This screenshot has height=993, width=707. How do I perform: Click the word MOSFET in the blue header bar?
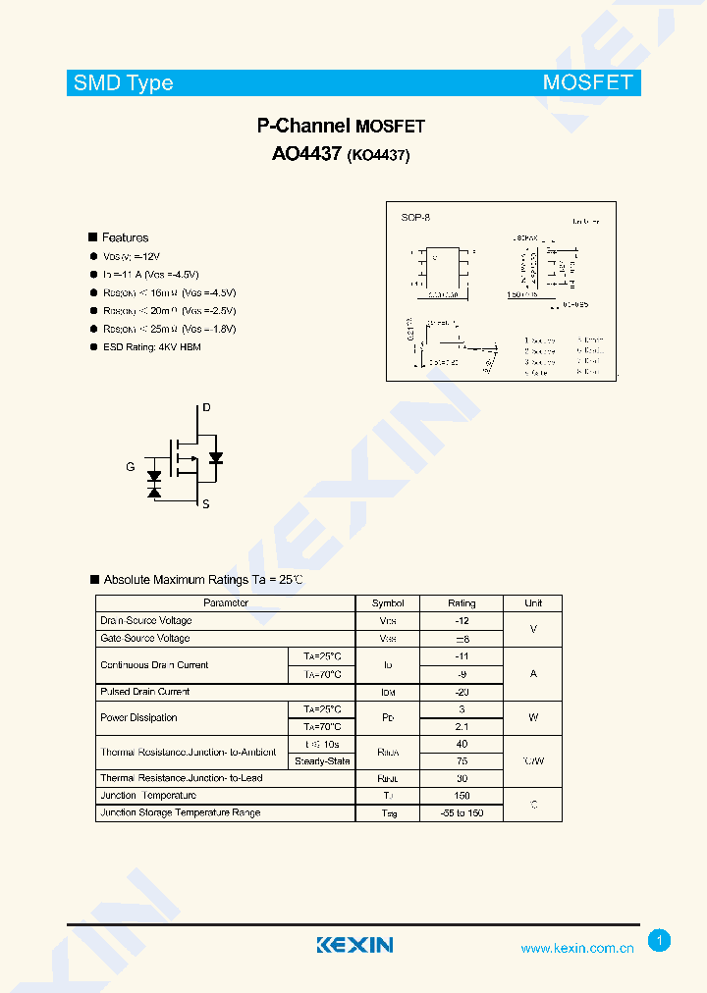(587, 82)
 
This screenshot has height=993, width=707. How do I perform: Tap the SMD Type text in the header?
(123, 83)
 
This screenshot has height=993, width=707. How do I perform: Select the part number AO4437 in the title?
(306, 154)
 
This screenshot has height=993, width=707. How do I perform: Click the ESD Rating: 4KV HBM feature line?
(151, 347)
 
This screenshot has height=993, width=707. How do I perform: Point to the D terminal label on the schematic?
(206, 407)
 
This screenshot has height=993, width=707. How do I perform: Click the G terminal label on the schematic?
(130, 467)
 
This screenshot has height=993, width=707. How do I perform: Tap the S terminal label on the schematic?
(205, 504)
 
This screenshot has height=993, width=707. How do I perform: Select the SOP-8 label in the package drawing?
(415, 217)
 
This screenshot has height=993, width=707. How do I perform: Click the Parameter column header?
(225, 602)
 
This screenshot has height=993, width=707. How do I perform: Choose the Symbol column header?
(388, 602)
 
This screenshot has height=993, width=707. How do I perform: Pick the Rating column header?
(461, 602)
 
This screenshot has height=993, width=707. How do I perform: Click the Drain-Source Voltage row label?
(145, 620)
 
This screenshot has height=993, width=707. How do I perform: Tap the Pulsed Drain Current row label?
(144, 692)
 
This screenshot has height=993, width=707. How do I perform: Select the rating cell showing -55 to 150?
(461, 813)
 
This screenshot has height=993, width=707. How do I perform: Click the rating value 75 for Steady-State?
(461, 760)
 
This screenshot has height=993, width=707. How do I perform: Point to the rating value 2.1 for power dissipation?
(461, 727)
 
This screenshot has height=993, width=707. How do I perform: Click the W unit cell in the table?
(533, 717)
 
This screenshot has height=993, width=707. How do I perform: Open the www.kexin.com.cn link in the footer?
(576, 948)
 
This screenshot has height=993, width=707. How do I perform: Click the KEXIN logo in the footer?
(354, 945)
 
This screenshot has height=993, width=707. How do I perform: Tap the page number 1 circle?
(660, 941)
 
